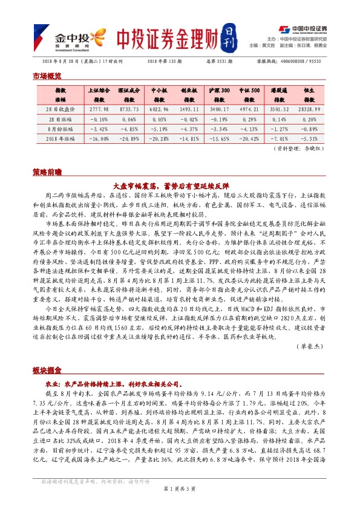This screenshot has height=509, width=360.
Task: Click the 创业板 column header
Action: tap(188, 94)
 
